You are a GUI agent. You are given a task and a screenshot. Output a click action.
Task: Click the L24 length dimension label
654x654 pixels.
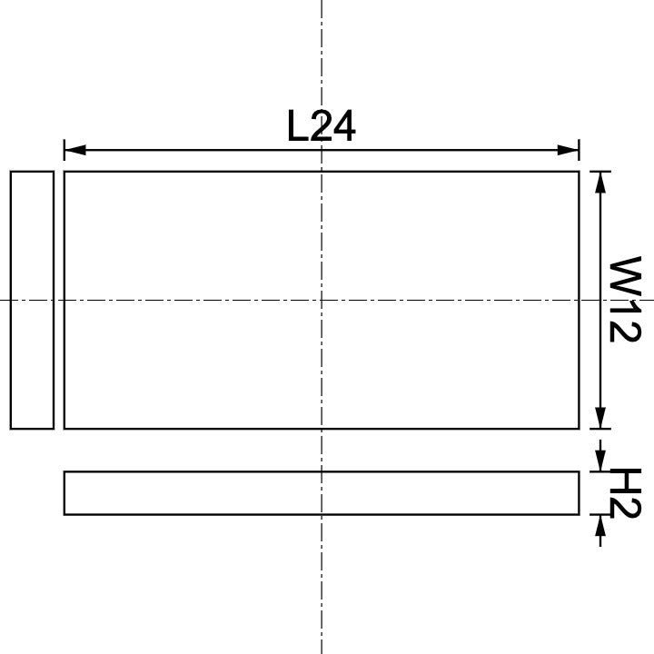pyautogui.click(x=321, y=126)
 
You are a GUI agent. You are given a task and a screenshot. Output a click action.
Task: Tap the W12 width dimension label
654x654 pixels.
pyautogui.click(x=624, y=299)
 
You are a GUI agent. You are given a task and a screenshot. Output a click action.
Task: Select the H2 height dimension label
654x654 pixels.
pyautogui.click(x=625, y=492)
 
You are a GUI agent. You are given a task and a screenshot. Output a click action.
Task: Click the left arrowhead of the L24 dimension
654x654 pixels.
pyautogui.click(x=73, y=149)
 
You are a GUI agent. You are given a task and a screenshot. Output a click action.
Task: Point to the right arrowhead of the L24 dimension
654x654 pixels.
pyautogui.click(x=570, y=149)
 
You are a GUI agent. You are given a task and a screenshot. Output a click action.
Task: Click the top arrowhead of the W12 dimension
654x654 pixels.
pyautogui.click(x=600, y=180)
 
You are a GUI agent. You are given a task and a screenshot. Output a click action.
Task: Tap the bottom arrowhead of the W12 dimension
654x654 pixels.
pyautogui.click(x=600, y=419)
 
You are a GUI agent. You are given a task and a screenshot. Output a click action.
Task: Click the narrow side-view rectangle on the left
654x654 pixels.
pyautogui.click(x=32, y=299)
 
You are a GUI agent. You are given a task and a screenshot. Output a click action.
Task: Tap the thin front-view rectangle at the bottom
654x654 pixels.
pyautogui.click(x=321, y=493)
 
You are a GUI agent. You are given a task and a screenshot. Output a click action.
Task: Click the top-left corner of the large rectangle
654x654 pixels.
pyautogui.click(x=64, y=172)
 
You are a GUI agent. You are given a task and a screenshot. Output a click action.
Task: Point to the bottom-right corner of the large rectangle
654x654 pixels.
pyautogui.click(x=579, y=428)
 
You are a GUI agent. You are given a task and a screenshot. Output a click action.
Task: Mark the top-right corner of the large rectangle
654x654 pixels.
pyautogui.click(x=579, y=172)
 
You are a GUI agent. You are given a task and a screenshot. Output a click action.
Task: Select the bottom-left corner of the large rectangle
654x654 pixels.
pyautogui.click(x=64, y=428)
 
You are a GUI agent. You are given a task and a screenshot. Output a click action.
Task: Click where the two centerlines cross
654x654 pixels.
pyautogui.click(x=322, y=299)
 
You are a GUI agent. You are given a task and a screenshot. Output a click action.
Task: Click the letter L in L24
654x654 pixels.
pyautogui.click(x=297, y=126)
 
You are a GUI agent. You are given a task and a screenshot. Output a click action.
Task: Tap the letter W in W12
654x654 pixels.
pyautogui.click(x=625, y=273)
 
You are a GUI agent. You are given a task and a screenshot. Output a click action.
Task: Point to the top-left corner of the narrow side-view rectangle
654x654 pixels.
pyautogui.click(x=11, y=172)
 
